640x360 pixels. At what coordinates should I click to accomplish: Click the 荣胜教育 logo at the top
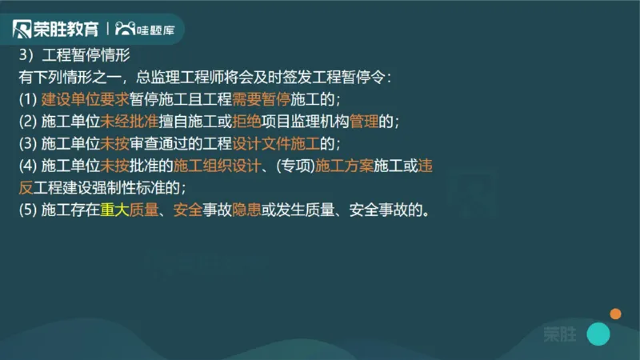click(56, 30)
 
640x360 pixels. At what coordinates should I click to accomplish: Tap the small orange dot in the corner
click(615, 314)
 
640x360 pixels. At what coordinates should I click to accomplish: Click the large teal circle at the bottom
click(598, 334)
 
